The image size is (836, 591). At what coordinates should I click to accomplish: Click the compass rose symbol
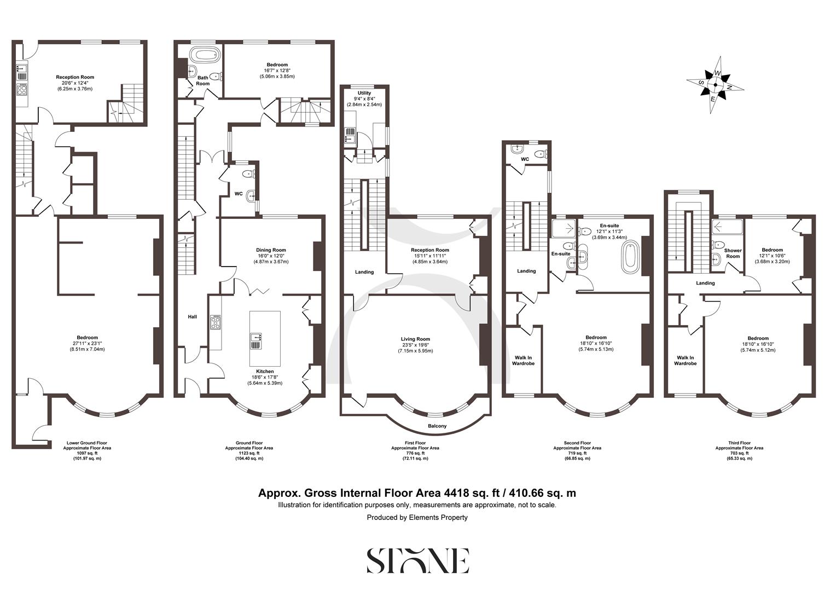(x=716, y=85)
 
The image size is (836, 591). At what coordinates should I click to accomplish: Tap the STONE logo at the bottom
(x=417, y=560)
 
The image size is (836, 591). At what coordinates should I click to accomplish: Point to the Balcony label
(x=437, y=426)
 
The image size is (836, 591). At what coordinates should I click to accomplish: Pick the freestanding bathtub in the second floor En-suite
(x=630, y=256)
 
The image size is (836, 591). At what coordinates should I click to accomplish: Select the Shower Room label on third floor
(x=733, y=253)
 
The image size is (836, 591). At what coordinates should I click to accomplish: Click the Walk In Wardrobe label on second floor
(x=523, y=360)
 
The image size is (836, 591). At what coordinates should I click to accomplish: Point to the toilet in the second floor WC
(x=541, y=154)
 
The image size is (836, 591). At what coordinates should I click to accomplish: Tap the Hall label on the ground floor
(x=192, y=317)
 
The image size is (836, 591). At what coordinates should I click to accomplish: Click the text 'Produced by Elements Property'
(x=417, y=517)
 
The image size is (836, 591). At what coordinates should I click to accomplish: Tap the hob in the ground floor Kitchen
(x=216, y=323)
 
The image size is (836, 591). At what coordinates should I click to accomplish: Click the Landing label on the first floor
(x=364, y=272)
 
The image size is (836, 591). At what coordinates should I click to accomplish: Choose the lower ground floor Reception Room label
(x=76, y=77)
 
